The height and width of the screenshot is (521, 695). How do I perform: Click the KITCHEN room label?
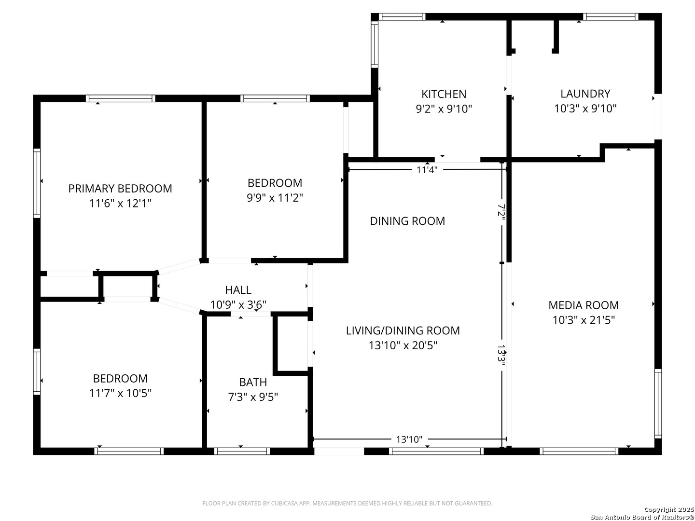tap(444, 94)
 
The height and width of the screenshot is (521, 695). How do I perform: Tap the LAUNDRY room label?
tap(585, 94)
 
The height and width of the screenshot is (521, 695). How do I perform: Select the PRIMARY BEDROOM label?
tap(120, 189)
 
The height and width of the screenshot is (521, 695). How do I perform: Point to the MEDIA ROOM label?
tap(584, 305)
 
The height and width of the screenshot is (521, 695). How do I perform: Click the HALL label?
tap(238, 290)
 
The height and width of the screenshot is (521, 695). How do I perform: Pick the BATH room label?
tap(253, 382)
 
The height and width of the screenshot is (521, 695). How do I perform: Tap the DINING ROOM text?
tap(407, 221)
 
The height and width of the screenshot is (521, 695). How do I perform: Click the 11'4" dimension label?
tap(427, 170)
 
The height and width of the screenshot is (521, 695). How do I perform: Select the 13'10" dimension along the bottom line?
tap(409, 439)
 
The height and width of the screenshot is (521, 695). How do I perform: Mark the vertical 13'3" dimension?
tap(501, 355)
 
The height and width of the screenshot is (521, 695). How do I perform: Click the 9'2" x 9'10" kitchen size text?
tap(444, 109)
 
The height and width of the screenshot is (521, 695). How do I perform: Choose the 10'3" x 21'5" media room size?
tap(584, 320)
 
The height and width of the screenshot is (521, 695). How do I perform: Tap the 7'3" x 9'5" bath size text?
tap(253, 397)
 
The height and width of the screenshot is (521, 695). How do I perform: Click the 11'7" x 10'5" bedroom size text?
tap(120, 393)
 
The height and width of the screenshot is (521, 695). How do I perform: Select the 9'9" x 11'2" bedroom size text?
tap(275, 198)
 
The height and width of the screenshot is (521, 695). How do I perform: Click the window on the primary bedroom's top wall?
tap(121, 98)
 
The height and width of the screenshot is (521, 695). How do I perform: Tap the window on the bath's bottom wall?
tap(242, 451)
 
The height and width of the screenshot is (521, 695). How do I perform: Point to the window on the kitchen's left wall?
tap(375, 44)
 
